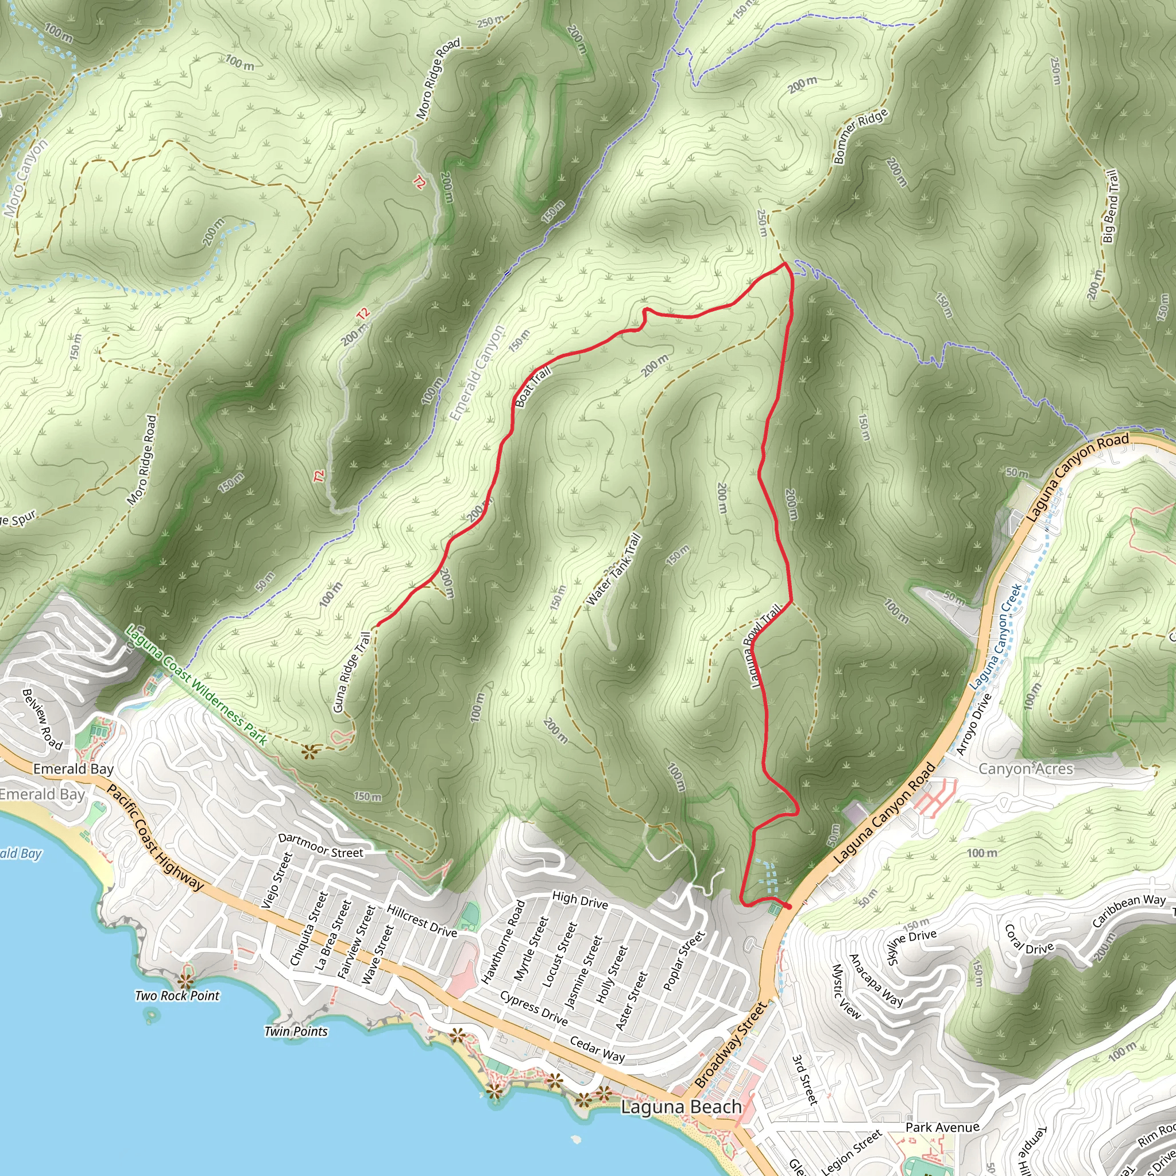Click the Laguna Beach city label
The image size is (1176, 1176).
(681, 1107)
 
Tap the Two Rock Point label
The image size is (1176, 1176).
(177, 996)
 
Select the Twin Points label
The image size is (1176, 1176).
(296, 1031)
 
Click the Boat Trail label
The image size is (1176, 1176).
(533, 386)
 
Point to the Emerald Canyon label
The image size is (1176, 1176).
(478, 373)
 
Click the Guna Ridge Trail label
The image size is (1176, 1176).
(352, 672)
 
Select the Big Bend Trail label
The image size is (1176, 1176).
(1111, 207)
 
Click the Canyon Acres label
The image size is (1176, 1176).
(1026, 769)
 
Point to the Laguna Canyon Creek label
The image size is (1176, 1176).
(996, 637)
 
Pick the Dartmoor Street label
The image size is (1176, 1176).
(320, 846)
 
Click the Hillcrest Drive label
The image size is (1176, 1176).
(422, 921)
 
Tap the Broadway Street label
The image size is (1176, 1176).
(730, 1045)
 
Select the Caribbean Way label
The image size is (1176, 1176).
(1128, 910)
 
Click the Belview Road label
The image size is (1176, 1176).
(42, 719)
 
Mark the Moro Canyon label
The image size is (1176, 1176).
(26, 179)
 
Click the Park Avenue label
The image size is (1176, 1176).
(942, 1127)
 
